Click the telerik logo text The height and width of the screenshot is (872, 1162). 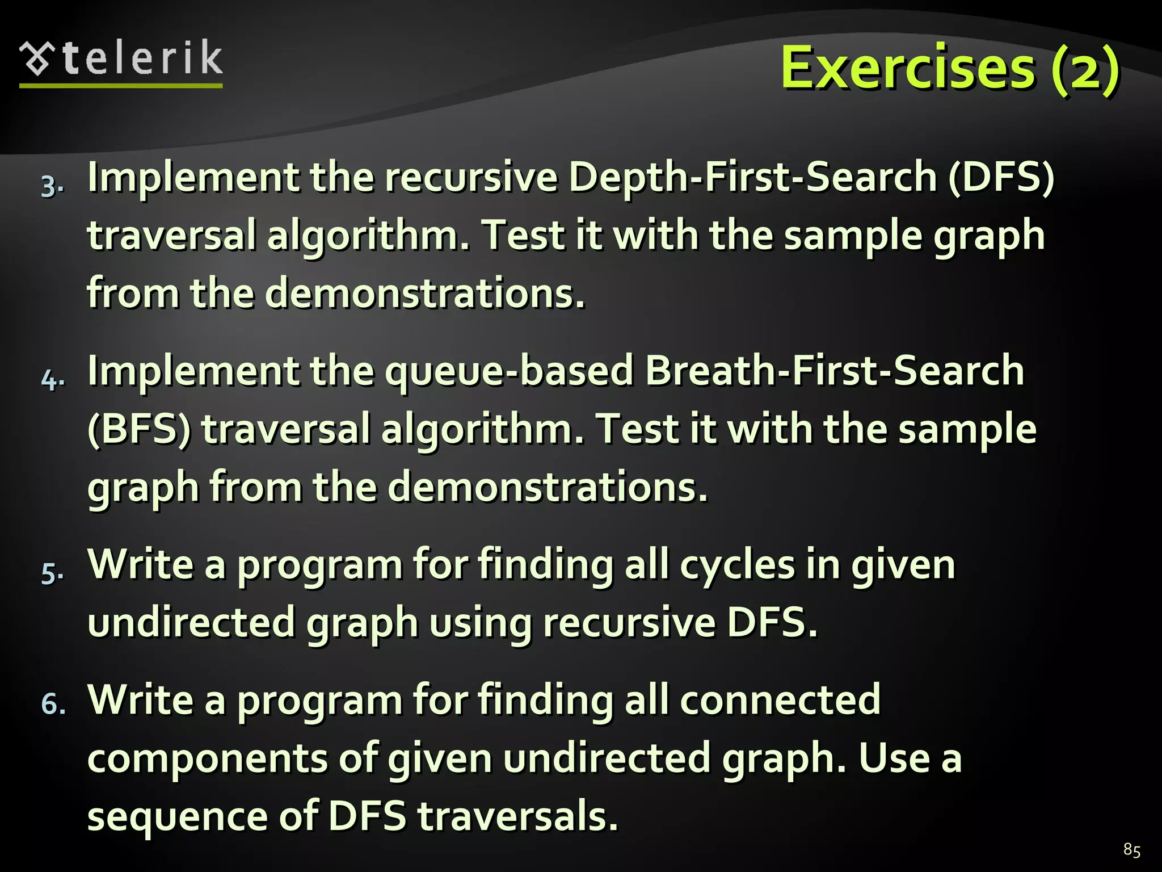coord(142,58)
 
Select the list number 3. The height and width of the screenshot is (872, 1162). coord(52,187)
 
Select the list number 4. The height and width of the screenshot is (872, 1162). coord(52,380)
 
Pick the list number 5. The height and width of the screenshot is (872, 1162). coord(52,574)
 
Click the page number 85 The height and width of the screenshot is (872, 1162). coord(1131,850)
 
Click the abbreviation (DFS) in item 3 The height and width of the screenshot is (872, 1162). coord(1001,177)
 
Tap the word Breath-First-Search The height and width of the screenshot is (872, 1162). coord(835,371)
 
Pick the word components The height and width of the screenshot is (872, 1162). coord(208,759)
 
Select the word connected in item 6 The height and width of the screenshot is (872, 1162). coord(780,700)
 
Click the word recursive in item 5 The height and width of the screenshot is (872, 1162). coord(629,623)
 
